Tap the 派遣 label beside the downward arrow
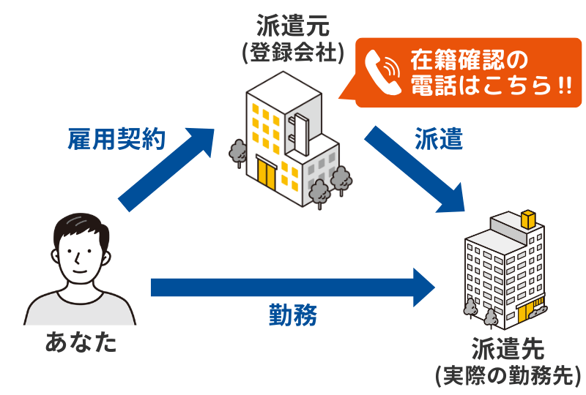tap(439, 139)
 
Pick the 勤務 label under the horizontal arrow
tap(292, 316)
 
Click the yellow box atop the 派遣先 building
tap(527, 219)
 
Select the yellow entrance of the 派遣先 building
tap(525, 314)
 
